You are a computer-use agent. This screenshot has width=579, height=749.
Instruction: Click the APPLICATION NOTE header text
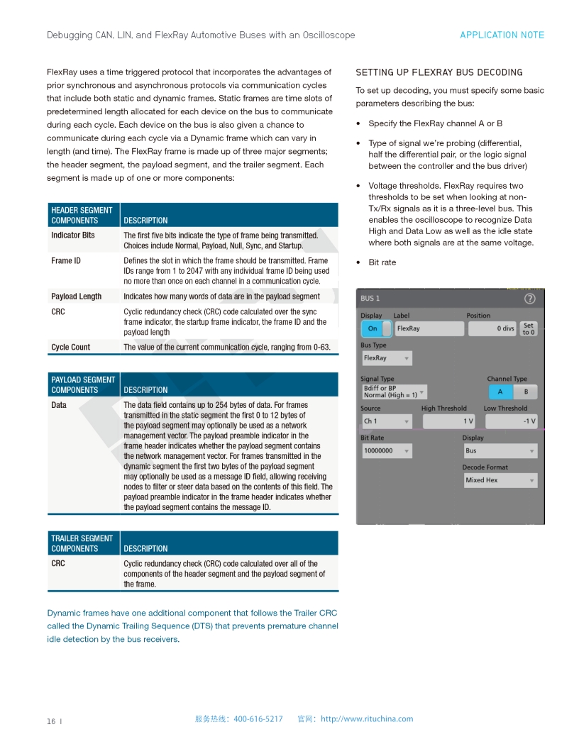point(502,35)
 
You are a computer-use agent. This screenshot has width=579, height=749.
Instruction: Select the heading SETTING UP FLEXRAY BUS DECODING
point(439,72)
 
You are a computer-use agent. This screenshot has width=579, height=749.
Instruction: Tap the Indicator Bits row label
point(72,235)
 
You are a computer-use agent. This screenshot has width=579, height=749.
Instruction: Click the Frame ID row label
point(65,260)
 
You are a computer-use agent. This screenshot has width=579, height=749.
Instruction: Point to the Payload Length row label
point(76,296)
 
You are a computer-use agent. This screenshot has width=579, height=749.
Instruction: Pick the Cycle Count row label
point(70,347)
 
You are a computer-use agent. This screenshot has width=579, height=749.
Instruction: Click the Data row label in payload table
point(59,405)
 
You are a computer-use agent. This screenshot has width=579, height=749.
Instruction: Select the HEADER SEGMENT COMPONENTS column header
point(82,215)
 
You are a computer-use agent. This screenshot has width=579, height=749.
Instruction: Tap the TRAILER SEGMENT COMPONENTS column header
point(82,543)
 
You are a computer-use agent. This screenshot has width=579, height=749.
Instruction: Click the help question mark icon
point(529,299)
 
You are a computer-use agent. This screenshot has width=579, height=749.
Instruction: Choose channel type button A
point(500,392)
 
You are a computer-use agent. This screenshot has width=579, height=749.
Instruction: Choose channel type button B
point(526,392)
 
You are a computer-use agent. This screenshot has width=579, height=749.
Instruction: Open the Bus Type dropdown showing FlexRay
point(387,358)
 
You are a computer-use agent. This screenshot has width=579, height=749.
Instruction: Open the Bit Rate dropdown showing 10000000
point(387,450)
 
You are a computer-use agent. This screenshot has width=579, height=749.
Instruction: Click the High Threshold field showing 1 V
point(448,421)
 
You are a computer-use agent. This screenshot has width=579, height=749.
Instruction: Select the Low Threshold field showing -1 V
point(510,421)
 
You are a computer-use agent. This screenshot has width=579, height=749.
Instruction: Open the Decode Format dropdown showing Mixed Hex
point(500,480)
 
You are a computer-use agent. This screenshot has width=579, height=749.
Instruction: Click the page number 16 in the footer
point(51,721)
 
